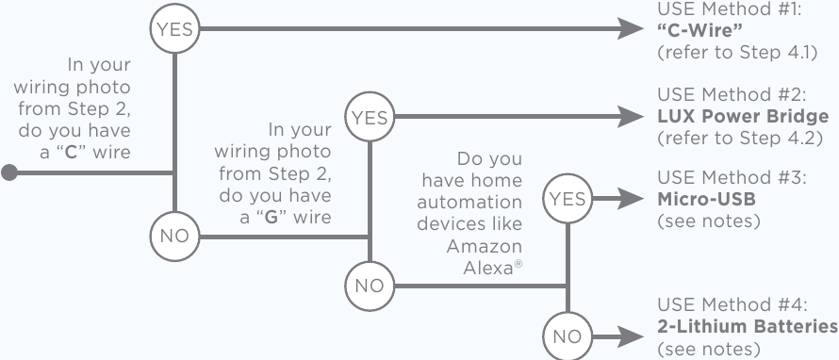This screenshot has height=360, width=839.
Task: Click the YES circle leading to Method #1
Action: pos(173,29)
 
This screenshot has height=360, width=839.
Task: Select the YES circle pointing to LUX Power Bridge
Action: pos(370,118)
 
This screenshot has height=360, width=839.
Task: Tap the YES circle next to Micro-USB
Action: pos(566,199)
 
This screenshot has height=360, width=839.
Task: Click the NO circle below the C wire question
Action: pos(173,236)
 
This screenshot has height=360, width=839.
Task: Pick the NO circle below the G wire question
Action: pos(370,286)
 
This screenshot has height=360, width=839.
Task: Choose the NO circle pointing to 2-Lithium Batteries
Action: pos(566,335)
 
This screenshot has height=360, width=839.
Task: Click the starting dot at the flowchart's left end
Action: pos(9,172)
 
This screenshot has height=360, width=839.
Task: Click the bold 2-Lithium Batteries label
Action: pos(746,327)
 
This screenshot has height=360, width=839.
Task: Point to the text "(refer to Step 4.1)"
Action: pos(735,52)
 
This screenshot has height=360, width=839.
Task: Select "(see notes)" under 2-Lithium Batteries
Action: pos(708,349)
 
